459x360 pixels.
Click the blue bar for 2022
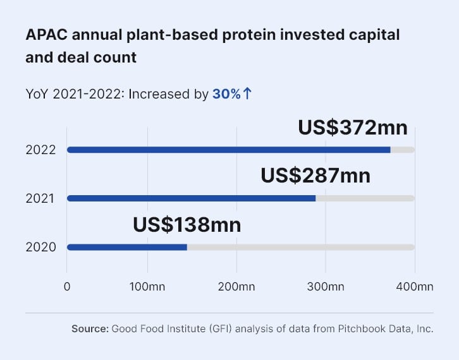point(228,150)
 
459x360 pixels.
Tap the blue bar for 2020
point(126,247)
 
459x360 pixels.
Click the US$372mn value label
point(353,127)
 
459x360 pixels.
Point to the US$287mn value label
point(315,175)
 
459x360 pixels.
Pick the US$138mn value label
point(187,224)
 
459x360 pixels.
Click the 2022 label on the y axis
point(40,150)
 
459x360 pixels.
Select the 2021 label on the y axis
point(40,198)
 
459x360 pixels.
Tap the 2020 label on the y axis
point(40,247)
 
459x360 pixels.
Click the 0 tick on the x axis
point(67,287)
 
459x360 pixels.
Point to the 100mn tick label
point(147,287)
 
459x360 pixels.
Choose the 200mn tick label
point(236,287)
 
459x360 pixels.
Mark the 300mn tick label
point(326,287)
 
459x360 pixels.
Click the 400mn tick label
point(415,287)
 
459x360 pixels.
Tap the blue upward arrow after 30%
point(248,94)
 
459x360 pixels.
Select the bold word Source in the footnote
point(90,328)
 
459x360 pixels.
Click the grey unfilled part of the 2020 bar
point(300,247)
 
